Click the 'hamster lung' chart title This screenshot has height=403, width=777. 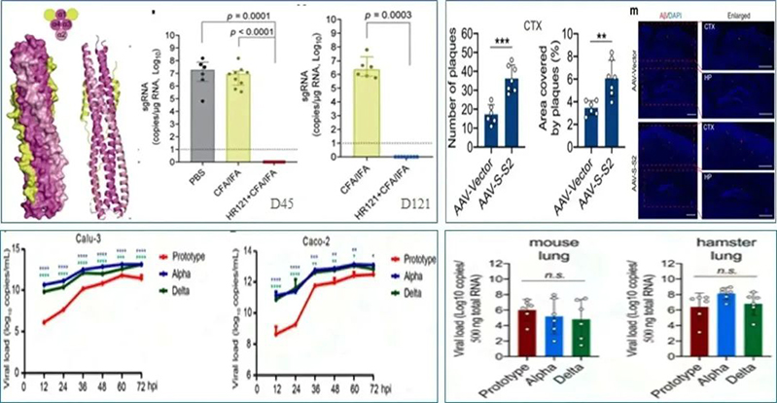[696, 252]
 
